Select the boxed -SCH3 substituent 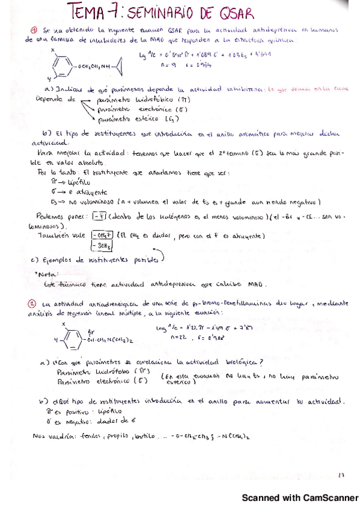101,244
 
